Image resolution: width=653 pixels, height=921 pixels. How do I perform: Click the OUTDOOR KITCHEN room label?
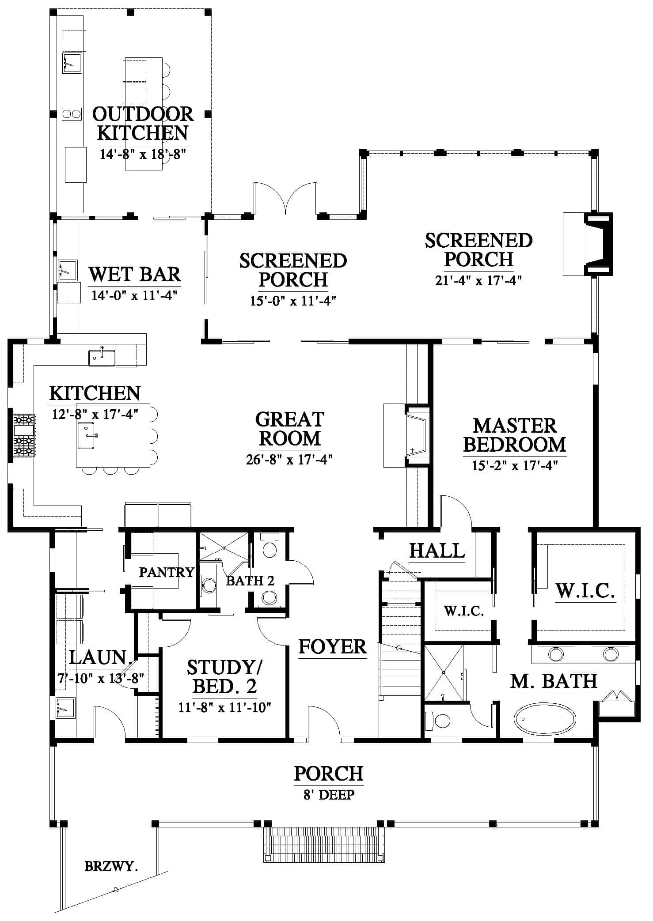(x=143, y=124)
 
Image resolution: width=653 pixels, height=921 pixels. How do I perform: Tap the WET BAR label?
(x=135, y=274)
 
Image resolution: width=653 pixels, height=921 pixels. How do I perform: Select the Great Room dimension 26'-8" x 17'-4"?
(x=289, y=460)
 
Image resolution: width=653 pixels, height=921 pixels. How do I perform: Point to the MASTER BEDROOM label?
(x=515, y=435)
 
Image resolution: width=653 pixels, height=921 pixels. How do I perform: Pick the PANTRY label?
(x=167, y=572)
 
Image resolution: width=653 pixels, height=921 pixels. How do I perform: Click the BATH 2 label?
(x=250, y=580)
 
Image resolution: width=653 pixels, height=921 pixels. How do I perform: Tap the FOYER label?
(x=333, y=647)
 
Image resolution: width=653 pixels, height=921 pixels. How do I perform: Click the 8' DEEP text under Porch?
(x=329, y=795)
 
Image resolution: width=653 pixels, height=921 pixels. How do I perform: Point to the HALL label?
(x=437, y=551)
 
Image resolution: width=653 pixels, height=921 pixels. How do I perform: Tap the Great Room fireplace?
(x=407, y=435)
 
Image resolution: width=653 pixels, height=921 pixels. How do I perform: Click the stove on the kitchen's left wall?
(x=24, y=435)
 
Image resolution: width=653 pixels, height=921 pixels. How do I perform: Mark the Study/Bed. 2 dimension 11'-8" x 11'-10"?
(x=224, y=708)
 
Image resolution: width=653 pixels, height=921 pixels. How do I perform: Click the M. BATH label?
(x=554, y=681)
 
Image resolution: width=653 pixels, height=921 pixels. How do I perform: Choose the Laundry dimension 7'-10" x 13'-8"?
(x=101, y=678)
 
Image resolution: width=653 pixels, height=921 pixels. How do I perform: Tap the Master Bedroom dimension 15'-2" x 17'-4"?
(x=515, y=466)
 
